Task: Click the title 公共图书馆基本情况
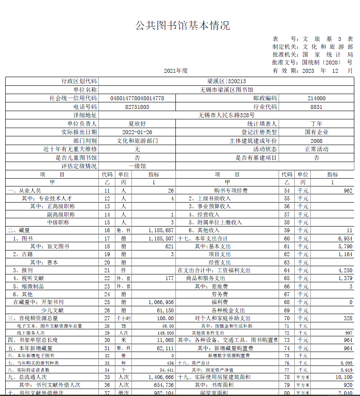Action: coord(182,26)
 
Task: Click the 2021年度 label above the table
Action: coord(176,71)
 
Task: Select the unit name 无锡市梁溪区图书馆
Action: coord(226,90)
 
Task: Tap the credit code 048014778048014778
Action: coord(138,98)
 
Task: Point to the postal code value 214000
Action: coord(316,98)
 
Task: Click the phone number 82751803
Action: coord(137,107)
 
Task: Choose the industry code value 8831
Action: coord(316,107)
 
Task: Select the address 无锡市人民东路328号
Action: coord(226,115)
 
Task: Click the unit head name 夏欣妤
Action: coord(137,124)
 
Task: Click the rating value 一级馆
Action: coord(137,166)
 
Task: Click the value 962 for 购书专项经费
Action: coord(348,191)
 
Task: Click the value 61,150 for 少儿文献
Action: coord(164,310)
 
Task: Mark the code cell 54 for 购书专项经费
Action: coord(286,191)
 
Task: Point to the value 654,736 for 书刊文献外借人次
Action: coord(162,385)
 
